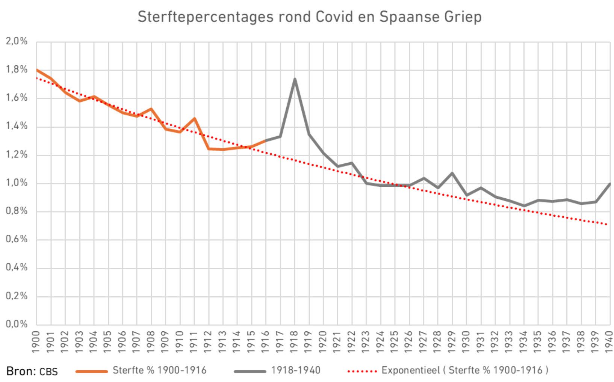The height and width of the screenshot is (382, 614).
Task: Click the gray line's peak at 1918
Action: click(295, 79)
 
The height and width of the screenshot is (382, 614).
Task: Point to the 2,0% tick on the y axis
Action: click(17, 41)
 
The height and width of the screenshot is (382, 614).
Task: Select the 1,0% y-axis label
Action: click(17, 183)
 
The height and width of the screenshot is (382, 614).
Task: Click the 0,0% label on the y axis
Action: click(17, 324)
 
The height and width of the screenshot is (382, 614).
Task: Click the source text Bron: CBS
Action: click(32, 371)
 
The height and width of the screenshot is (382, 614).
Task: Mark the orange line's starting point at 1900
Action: click(37, 70)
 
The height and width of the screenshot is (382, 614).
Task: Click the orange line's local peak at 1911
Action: click(194, 119)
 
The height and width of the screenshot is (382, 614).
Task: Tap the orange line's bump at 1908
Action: click(151, 109)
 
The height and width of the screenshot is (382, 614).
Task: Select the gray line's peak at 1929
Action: click(452, 173)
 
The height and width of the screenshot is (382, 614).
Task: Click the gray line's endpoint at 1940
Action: click(609, 184)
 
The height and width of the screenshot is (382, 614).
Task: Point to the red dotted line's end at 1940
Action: click(608, 225)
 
